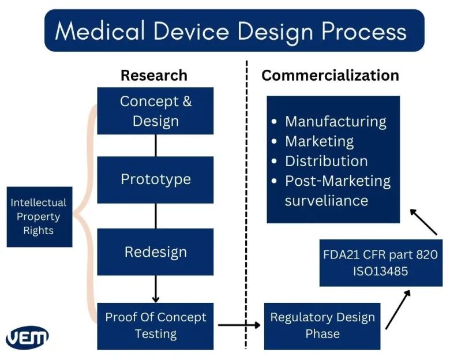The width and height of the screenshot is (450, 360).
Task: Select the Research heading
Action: pyautogui.click(x=153, y=76)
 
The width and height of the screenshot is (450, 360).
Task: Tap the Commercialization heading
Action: pyautogui.click(x=330, y=76)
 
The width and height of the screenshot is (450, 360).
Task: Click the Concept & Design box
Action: pyautogui.click(x=155, y=111)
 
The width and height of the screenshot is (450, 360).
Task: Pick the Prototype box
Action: pyautogui.click(x=155, y=179)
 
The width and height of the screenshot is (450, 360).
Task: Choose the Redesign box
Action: pyautogui.click(x=155, y=252)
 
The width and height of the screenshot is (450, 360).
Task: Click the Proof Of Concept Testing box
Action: pyautogui.click(x=155, y=326)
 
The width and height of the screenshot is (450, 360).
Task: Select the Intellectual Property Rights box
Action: pyautogui.click(x=39, y=217)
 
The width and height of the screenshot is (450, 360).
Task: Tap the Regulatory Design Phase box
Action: pyautogui.click(x=322, y=325)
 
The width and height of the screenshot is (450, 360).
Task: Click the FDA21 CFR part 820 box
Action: pyautogui.click(x=380, y=254)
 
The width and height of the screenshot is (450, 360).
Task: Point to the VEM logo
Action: pyautogui.click(x=27, y=337)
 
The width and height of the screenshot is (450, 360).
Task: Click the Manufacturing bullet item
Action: pyautogui.click(x=335, y=122)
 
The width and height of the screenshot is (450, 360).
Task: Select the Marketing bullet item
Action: pyautogui.click(x=319, y=141)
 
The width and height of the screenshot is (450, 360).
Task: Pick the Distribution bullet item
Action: pyautogui.click(x=326, y=161)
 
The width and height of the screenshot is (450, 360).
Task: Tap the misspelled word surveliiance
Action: pyautogui.click(x=326, y=201)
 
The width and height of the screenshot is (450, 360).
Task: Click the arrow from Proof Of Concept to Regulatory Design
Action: pyautogui.click(x=239, y=325)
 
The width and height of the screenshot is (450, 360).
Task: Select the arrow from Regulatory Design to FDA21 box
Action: pyautogui.click(x=397, y=309)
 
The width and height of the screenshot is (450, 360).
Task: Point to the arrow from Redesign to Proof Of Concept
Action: pyautogui.click(x=155, y=288)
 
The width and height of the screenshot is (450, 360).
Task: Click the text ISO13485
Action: pyautogui.click(x=380, y=270)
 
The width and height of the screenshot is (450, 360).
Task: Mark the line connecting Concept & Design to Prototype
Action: pyautogui.click(x=155, y=145)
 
